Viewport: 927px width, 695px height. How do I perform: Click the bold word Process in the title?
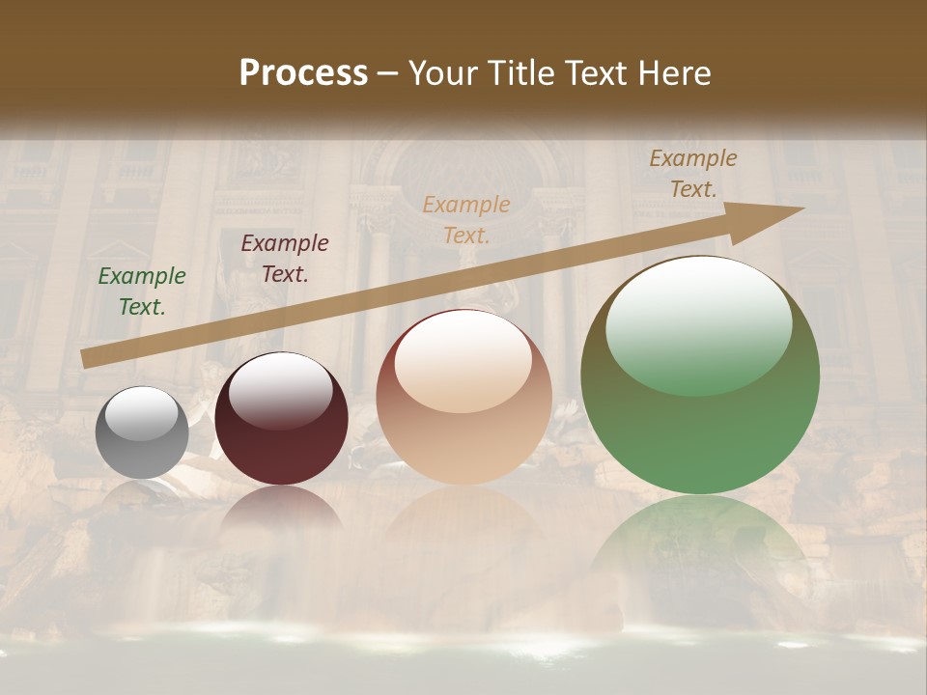coord(303,73)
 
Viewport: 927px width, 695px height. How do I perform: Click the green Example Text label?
coord(142,291)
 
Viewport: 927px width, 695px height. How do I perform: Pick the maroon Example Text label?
coord(285,259)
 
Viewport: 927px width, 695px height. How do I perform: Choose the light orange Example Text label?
coord(466,219)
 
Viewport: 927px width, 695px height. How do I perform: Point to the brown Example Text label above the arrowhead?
coord(693,174)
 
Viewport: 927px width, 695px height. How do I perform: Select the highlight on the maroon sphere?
coord(280,389)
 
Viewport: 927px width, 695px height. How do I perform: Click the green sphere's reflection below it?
coord(700,550)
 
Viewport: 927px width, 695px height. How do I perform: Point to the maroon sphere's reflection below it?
coord(281,516)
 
